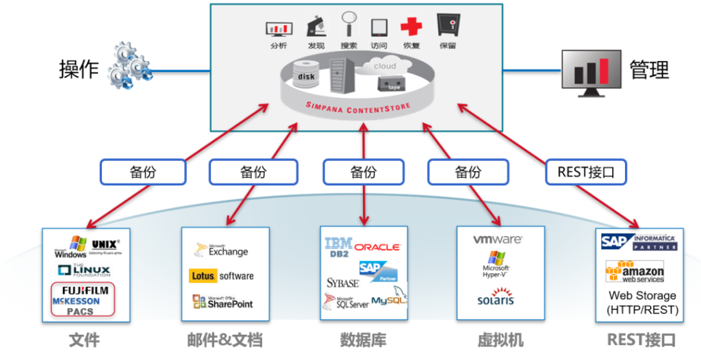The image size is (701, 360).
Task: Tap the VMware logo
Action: [498, 240]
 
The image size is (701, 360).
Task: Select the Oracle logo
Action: [377, 246]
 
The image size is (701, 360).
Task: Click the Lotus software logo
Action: [221, 276]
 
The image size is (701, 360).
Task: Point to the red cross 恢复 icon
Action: [411, 27]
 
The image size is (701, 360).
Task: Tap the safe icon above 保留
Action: [448, 25]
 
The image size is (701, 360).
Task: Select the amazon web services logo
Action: [635, 272]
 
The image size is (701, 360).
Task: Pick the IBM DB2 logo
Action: [338, 247]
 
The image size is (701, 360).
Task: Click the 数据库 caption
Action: [363, 340]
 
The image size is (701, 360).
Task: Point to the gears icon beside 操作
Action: [129, 65]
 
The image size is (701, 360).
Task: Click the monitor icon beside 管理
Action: [589, 70]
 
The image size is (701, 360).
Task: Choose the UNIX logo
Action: [105, 244]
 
